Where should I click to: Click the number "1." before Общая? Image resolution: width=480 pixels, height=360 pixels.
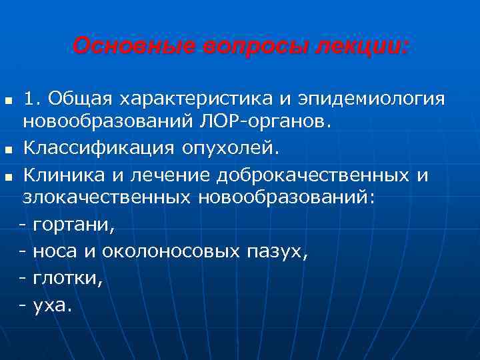coord(33,100)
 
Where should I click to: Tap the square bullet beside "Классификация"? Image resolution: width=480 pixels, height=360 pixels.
coord(7,148)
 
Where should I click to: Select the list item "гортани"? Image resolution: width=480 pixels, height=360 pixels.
coord(73,226)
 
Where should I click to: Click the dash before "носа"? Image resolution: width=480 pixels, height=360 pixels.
coord(23,253)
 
